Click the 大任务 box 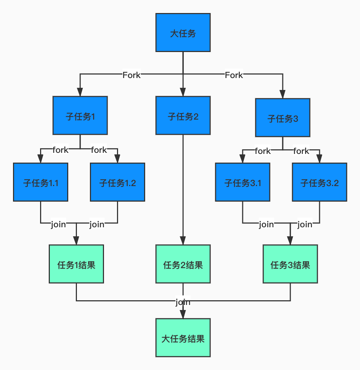click(183, 33)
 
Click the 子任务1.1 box click(40, 182)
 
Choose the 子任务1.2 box click(117, 182)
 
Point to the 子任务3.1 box click(242, 182)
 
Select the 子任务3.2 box click(319, 182)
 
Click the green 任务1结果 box click(76, 264)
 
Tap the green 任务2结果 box click(183, 264)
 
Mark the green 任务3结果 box click(290, 264)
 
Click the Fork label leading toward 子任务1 click(131, 75)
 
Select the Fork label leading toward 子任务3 click(234, 75)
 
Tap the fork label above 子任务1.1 click(60, 150)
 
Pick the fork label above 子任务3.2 click(301, 151)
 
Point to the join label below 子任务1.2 click(97, 224)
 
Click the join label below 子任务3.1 click(266, 224)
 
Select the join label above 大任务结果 click(183, 302)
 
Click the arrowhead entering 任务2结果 click(183, 241)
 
